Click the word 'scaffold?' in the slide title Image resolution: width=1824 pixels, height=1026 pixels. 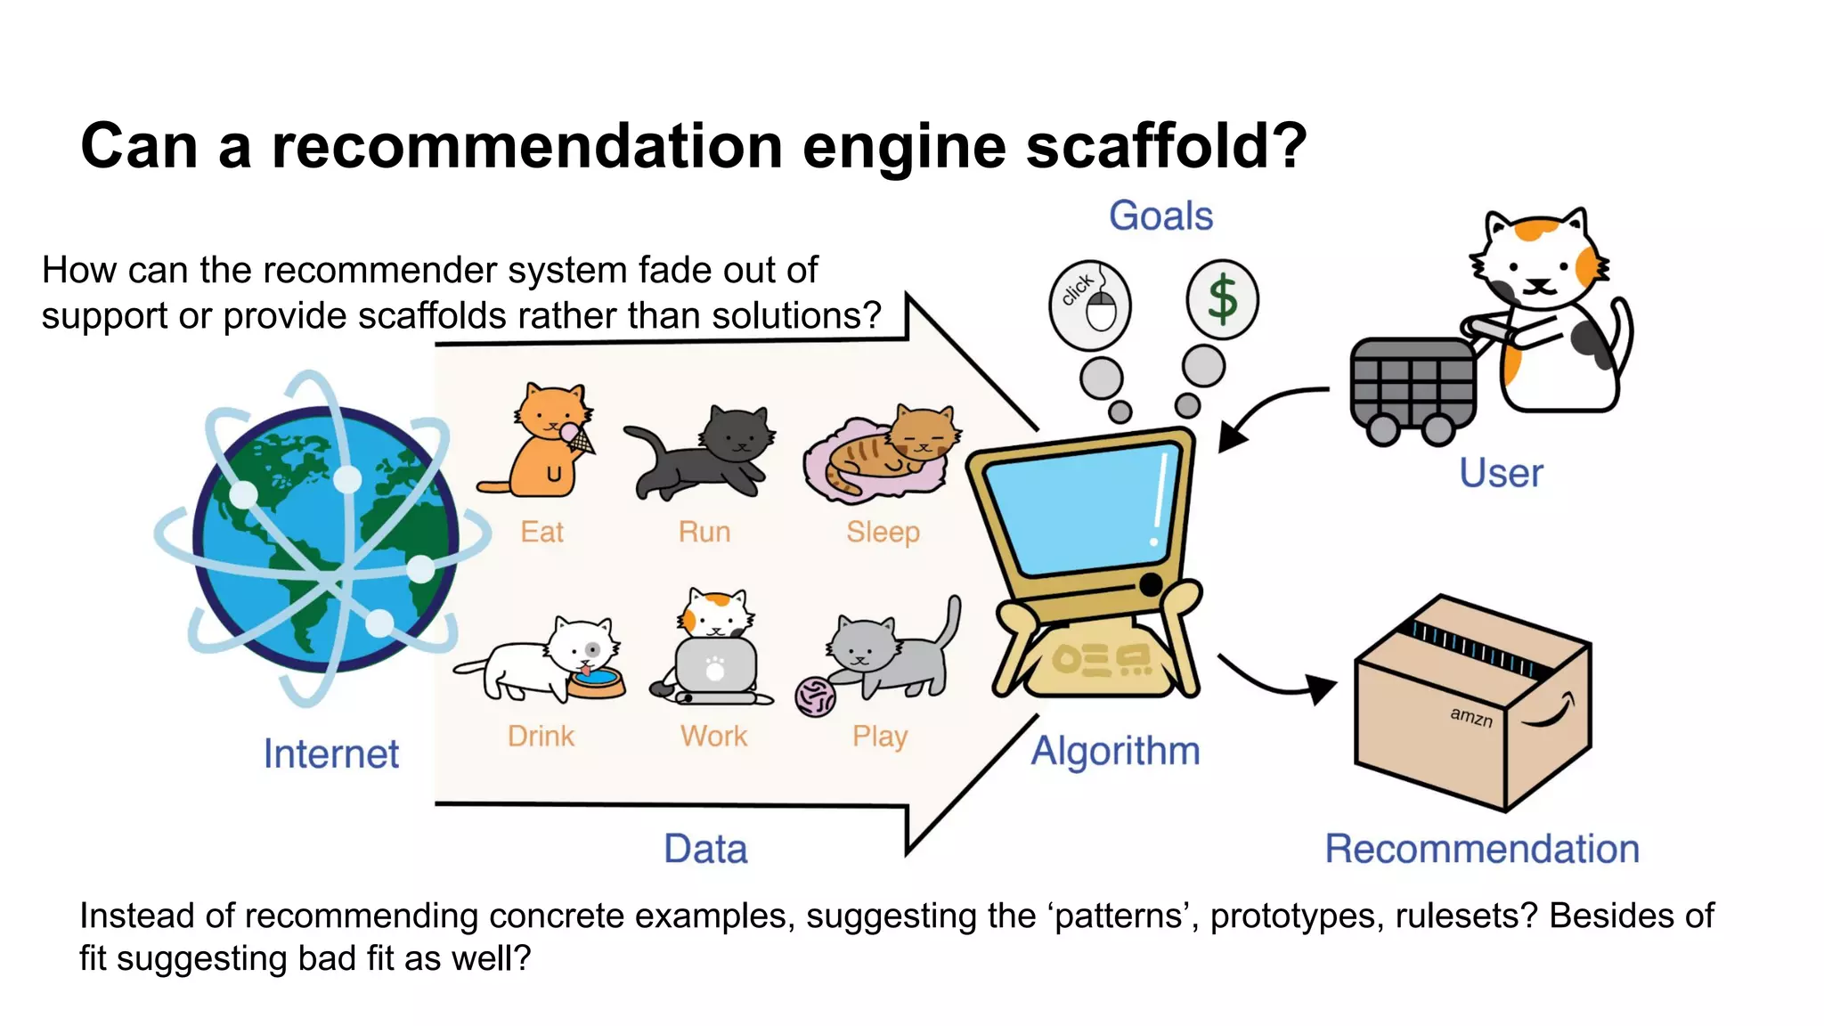click(1166, 146)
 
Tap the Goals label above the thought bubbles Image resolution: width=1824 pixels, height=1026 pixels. click(1160, 216)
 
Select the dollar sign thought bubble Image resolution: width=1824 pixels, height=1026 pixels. click(1222, 299)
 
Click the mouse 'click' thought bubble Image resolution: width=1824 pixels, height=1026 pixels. click(1090, 303)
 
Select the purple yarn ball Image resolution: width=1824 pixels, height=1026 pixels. click(815, 696)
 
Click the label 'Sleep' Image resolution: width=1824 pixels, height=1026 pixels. click(883, 532)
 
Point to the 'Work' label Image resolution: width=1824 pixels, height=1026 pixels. click(713, 736)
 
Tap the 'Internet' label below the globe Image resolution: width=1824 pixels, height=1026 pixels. click(331, 753)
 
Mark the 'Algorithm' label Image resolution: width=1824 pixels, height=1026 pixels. click(1115, 751)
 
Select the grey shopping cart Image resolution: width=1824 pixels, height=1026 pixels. click(1413, 387)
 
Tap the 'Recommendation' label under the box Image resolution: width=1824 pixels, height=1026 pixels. click(1482, 849)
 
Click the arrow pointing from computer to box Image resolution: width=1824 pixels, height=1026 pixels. click(1274, 681)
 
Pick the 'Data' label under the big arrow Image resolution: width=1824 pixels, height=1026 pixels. click(705, 849)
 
